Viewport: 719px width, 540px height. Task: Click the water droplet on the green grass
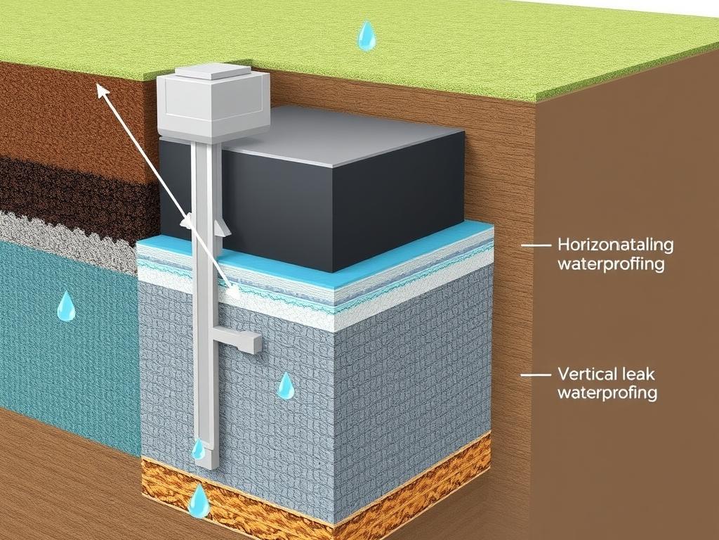point(366,35)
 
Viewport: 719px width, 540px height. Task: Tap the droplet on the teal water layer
point(66,305)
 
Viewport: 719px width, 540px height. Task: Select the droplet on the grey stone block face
point(286,385)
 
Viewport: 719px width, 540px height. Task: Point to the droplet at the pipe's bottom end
point(198,449)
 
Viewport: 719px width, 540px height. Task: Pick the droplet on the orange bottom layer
point(199,500)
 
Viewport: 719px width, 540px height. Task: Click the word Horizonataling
point(615,244)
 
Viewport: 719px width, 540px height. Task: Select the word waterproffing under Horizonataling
point(612,264)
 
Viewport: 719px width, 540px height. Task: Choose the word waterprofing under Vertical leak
point(607,392)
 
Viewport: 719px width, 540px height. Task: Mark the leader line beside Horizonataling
point(536,245)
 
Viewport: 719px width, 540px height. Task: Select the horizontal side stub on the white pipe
point(238,340)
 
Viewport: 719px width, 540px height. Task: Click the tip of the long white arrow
point(97,84)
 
